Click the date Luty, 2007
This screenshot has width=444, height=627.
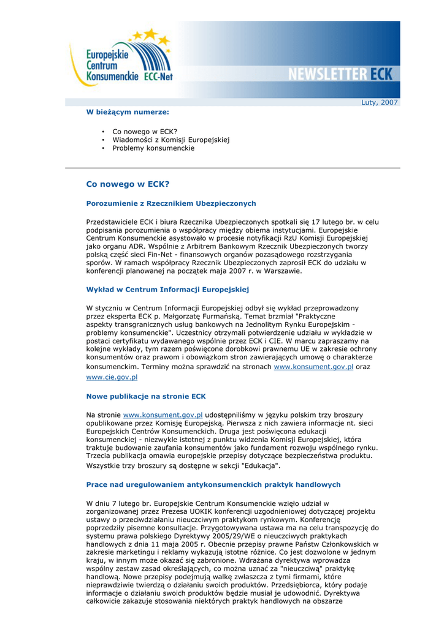[x=380, y=102]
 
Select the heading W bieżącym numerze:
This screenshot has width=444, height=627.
[x=128, y=112]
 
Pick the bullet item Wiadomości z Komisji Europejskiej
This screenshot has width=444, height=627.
[x=170, y=140]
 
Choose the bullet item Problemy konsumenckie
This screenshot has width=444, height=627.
[x=153, y=148]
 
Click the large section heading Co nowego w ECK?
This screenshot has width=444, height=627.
[x=128, y=184]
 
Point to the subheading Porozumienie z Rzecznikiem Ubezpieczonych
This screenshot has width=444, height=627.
[x=171, y=203]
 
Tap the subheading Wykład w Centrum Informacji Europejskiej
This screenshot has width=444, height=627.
[x=167, y=289]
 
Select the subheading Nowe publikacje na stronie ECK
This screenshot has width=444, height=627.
[x=146, y=396]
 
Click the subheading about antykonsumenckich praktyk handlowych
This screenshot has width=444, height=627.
[x=213, y=484]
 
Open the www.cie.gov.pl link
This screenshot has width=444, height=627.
[x=112, y=378]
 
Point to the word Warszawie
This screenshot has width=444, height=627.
[x=281, y=271]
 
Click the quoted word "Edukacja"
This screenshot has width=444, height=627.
[x=260, y=466]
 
